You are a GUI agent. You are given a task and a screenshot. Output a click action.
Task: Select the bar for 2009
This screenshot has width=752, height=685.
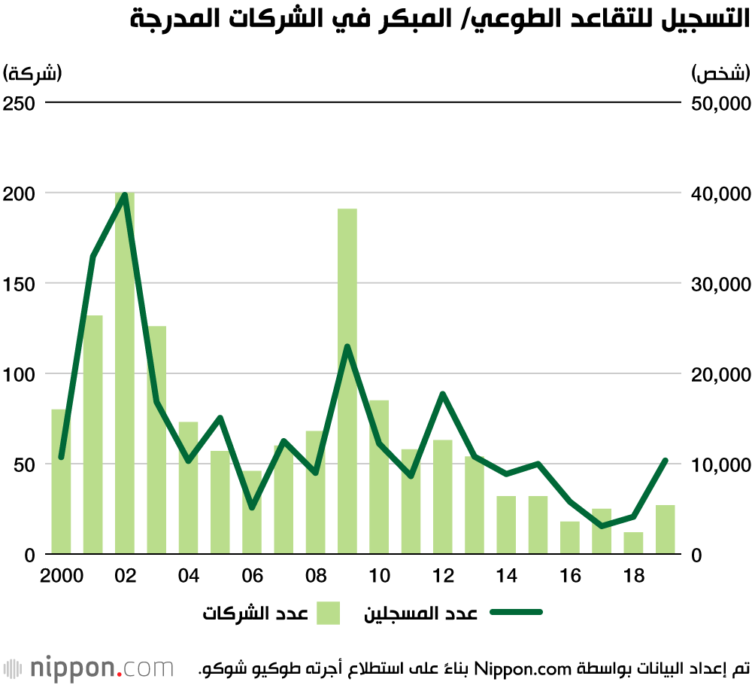347,381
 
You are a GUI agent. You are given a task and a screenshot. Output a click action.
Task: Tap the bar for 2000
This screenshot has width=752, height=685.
61,482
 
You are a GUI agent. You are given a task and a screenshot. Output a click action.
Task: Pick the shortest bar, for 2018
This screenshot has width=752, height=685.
633,543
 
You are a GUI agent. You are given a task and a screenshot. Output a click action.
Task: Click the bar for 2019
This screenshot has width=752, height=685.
666,529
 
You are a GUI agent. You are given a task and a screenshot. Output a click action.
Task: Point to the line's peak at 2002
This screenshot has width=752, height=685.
125,194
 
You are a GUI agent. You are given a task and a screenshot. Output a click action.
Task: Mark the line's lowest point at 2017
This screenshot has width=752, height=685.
602,526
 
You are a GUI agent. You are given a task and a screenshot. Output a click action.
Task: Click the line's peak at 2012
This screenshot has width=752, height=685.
443,394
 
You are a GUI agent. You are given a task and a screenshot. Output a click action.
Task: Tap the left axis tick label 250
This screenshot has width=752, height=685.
19,103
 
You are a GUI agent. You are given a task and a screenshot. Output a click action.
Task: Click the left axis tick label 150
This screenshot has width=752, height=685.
19,285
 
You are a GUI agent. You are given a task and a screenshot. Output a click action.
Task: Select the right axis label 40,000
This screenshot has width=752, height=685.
721,194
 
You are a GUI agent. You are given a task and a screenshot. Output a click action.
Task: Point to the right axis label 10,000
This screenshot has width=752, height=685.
721,464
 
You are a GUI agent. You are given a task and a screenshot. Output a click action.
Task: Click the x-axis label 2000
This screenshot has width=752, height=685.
62,575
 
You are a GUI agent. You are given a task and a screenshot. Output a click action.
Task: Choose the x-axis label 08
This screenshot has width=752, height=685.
316,575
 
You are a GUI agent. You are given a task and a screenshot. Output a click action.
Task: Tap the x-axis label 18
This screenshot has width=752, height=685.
633,575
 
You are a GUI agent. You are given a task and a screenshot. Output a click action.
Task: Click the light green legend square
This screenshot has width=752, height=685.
328,613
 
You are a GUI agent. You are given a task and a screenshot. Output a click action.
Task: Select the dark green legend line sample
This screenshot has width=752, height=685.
516,612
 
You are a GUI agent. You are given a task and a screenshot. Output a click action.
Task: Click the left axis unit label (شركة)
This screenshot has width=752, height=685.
32,73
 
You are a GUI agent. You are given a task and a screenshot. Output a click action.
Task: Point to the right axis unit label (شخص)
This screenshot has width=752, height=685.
721,73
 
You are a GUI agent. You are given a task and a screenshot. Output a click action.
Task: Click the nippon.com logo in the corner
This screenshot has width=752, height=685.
88,668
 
